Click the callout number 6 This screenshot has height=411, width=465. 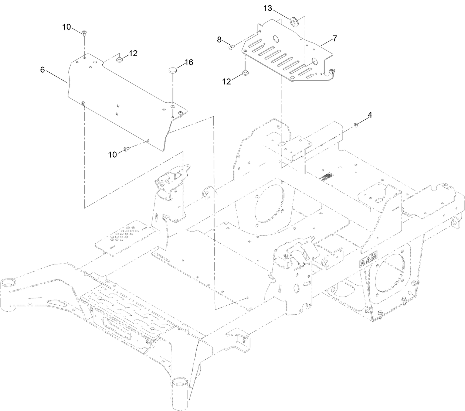tap(43, 70)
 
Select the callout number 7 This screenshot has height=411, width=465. tap(335, 38)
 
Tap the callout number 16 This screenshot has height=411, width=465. tap(189, 62)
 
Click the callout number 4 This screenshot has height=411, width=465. tap(370, 115)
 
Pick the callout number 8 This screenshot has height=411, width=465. tap(219, 40)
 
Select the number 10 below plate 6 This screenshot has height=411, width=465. tap(112, 154)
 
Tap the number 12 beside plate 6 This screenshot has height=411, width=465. tap(133, 53)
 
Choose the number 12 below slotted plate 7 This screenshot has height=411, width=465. tap(227, 81)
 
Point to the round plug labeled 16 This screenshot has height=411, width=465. tap(172, 70)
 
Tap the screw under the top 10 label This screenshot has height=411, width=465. tap(84, 34)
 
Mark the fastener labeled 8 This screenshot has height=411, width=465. tap(231, 47)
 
